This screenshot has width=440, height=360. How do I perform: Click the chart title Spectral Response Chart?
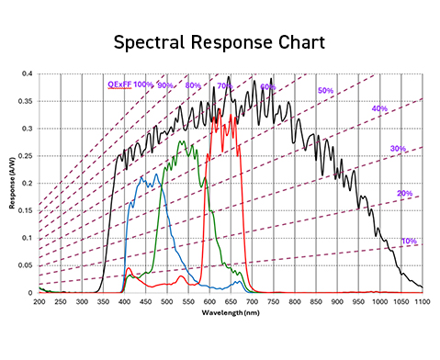point(220,42)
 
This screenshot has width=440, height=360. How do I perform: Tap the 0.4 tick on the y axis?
point(29,73)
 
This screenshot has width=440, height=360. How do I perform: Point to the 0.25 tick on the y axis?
point(28,156)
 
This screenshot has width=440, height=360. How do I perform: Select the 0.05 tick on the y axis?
point(28,265)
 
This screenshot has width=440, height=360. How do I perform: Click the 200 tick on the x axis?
point(39,300)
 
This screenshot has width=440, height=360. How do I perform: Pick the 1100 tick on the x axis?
point(423,300)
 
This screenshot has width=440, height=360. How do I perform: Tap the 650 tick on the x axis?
point(231,300)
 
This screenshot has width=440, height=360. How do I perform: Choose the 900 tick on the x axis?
point(337,300)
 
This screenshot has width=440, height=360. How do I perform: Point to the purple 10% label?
point(408,242)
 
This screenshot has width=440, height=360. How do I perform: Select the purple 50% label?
point(325,90)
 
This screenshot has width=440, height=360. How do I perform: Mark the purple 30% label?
point(398,148)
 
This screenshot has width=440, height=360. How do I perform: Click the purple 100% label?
point(143,84)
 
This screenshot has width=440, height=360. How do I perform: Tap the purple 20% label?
point(404,193)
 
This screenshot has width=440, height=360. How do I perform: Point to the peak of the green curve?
point(182,141)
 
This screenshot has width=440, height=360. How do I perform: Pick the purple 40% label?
point(378,108)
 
